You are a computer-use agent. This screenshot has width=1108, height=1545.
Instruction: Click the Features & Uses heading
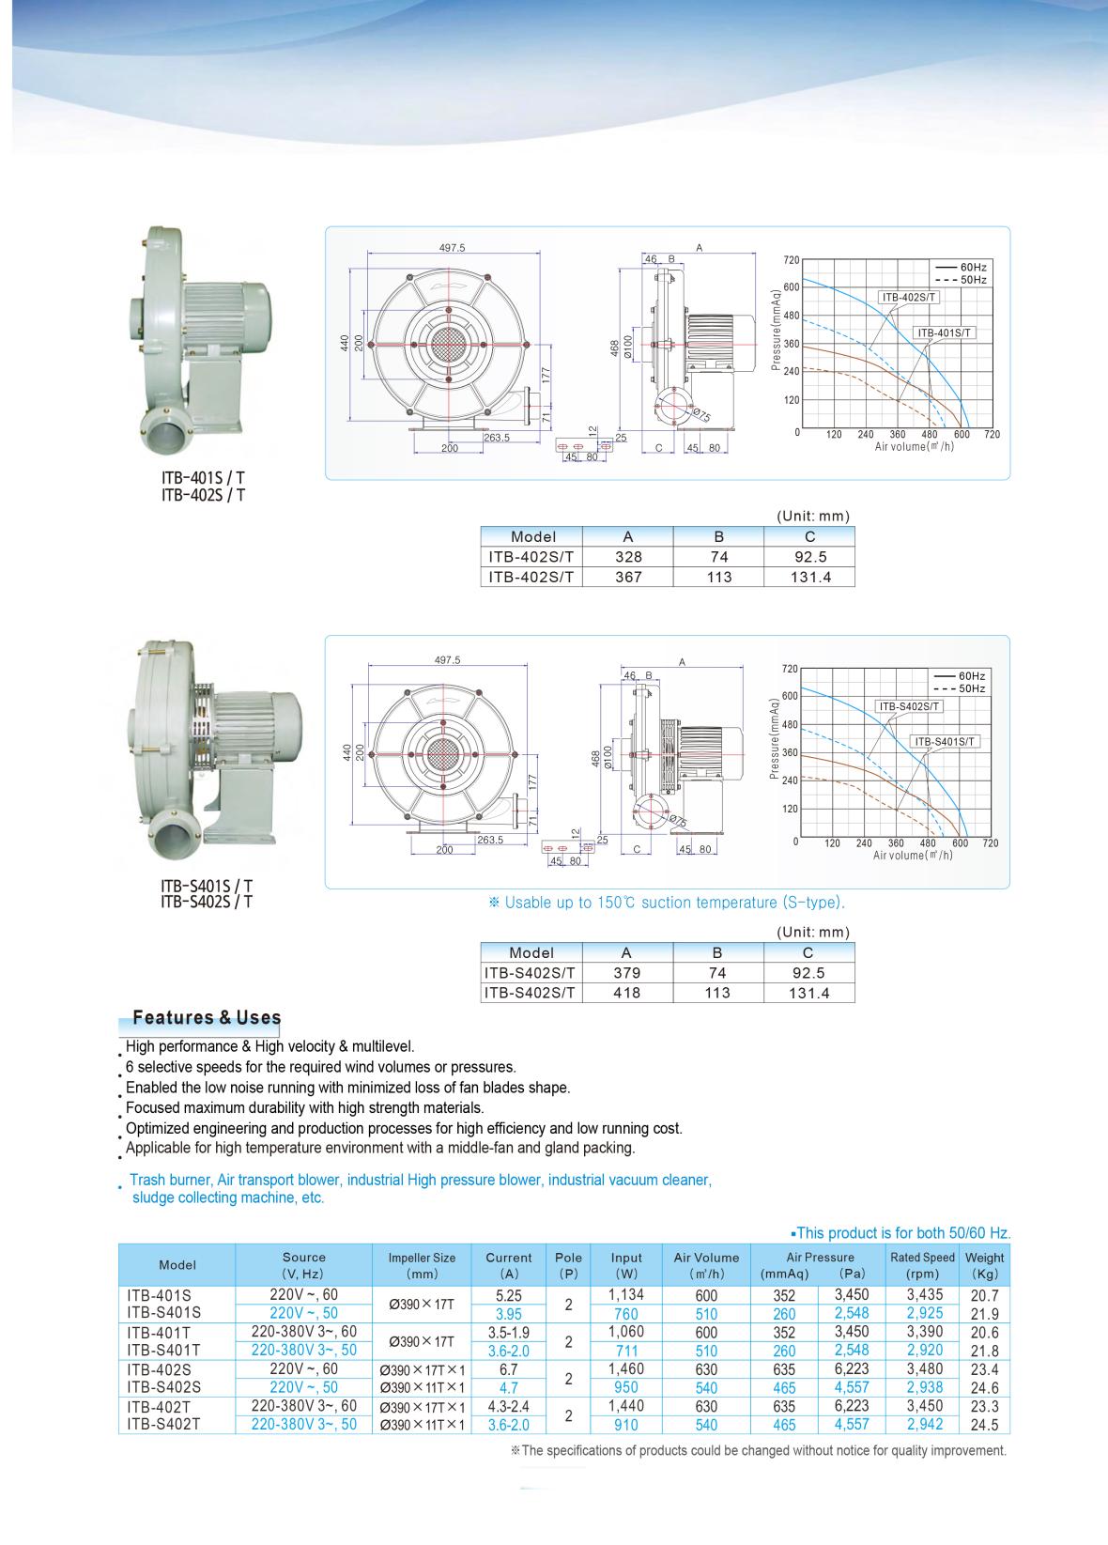coord(207,1017)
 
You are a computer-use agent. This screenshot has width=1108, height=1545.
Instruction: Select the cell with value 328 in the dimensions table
coord(627,557)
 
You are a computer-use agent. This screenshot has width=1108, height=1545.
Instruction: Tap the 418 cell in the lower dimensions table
coord(626,993)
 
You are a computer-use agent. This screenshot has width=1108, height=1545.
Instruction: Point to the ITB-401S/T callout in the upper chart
coord(946,332)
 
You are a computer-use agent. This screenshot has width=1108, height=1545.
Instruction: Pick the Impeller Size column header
coord(422,1265)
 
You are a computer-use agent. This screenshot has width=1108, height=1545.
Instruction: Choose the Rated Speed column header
coord(922,1265)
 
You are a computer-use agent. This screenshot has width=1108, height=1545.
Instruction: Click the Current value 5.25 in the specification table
coord(508,1294)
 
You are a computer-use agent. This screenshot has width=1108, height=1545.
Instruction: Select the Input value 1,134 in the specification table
coord(626,1294)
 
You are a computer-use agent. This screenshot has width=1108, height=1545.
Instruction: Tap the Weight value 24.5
coord(984,1425)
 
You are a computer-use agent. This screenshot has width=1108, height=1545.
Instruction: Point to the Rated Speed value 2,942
coord(924,1425)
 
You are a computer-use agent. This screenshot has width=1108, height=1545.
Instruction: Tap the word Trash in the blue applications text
coord(147,1180)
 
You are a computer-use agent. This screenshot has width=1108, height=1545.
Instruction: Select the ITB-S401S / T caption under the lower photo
coord(207,885)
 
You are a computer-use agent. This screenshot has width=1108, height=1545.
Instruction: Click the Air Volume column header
coord(706,1265)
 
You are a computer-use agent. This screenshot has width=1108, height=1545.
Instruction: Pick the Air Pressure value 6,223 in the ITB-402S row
coord(851,1369)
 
